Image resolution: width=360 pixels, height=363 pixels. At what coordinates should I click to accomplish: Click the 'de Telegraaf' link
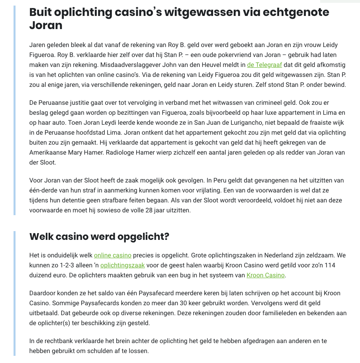[x=264, y=65]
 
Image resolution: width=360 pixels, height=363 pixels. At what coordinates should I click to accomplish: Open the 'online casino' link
[x=113, y=255]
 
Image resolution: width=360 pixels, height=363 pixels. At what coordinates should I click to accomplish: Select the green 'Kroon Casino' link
[x=266, y=275]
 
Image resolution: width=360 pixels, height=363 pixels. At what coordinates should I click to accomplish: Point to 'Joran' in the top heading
[x=46, y=26]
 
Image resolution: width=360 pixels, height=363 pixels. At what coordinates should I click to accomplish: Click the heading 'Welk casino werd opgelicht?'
[x=99, y=236]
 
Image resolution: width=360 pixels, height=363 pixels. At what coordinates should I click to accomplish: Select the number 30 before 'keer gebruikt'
[x=211, y=303]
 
